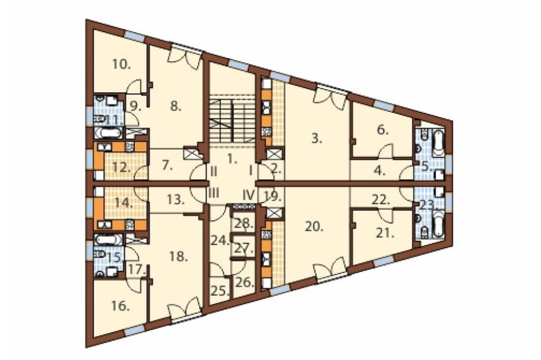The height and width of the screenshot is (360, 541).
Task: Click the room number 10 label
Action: pos(121,64)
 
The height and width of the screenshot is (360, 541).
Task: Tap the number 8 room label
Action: pos(176,106)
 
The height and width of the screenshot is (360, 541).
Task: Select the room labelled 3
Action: pos(317,139)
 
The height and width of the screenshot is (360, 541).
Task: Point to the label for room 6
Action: pos(383,130)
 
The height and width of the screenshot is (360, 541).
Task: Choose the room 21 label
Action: pos(385,234)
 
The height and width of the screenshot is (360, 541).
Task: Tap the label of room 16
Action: pos(121,306)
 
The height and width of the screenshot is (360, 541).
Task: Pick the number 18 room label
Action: pos(179,256)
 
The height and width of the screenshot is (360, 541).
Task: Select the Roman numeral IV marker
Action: pos(248,195)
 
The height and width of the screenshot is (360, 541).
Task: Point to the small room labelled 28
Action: pos(244,223)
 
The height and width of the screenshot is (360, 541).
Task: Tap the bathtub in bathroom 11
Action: pos(108,133)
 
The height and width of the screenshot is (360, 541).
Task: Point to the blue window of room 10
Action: pos(134,36)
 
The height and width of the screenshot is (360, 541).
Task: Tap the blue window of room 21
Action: pos(384,262)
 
